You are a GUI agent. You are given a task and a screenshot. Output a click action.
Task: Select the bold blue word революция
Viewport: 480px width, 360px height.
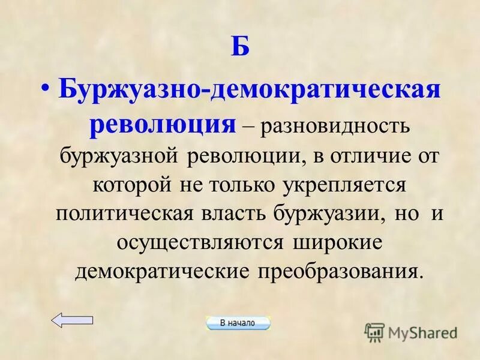click(162, 125)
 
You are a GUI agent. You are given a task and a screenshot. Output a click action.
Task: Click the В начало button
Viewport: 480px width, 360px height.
click(238, 323)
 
